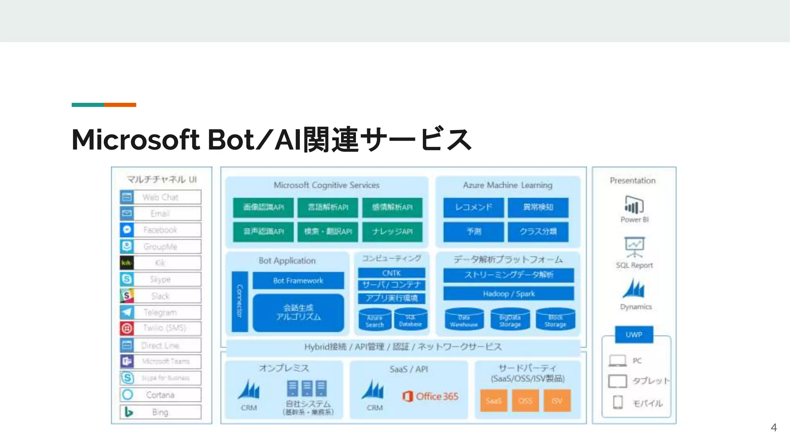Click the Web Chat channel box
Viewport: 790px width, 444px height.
(x=160, y=197)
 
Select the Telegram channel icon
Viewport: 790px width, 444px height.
(x=127, y=312)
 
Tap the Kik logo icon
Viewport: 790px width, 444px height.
(x=127, y=263)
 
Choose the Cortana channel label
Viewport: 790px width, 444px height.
(x=160, y=395)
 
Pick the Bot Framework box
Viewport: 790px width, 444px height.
(x=298, y=281)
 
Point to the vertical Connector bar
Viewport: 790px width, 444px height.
(x=240, y=301)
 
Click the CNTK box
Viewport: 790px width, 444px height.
(x=392, y=273)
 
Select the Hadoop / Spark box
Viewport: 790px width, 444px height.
(x=508, y=294)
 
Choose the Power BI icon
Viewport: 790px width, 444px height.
(x=634, y=205)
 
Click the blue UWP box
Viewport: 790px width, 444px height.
(x=634, y=335)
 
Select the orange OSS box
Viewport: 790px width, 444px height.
(x=525, y=401)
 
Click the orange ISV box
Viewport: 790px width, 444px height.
(x=557, y=401)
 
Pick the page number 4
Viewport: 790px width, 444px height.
(x=773, y=427)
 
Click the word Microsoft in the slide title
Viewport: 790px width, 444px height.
(x=135, y=140)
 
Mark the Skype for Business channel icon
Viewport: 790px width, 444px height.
(x=128, y=378)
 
